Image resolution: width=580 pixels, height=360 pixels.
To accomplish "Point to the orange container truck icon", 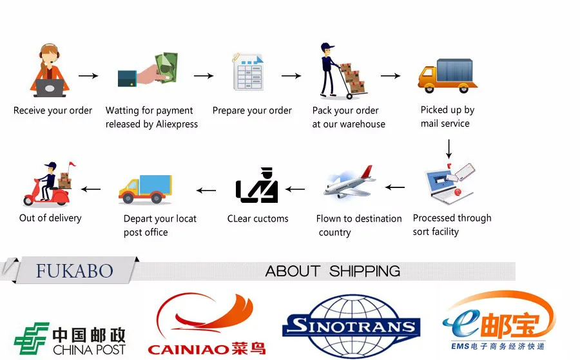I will pos(447,75).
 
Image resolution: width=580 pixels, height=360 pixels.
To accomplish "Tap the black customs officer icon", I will pos(257,186).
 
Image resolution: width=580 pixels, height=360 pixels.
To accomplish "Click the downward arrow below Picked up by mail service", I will pos(449,149).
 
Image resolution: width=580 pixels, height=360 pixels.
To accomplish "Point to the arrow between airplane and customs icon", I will pos(295,189).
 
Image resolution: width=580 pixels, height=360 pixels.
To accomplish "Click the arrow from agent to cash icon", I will pos(88,76).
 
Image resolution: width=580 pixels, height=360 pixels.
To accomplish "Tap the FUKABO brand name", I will pos(75,270).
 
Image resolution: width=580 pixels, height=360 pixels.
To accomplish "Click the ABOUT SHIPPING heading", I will pos(333,271).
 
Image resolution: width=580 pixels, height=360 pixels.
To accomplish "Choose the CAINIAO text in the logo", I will pos(188,349).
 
